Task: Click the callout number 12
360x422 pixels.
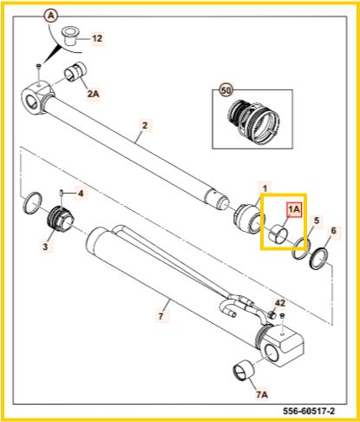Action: point(97,38)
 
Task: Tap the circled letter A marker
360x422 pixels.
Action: point(50,16)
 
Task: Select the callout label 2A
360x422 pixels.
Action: point(93,94)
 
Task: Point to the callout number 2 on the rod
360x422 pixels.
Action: point(145,125)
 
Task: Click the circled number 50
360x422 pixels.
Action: point(226,90)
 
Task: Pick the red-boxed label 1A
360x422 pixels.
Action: point(294,209)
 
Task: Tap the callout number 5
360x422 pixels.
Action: point(317,221)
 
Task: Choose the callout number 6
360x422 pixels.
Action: point(333,231)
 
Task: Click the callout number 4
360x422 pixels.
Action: point(81,193)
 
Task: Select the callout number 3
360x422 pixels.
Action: point(45,247)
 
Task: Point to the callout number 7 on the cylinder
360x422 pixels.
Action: point(160,315)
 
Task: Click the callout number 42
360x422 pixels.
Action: point(279,303)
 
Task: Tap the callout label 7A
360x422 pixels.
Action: point(261,394)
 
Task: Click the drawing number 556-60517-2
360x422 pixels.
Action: point(308,411)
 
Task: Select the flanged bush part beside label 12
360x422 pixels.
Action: point(70,36)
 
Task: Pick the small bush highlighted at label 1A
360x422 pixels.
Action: point(278,234)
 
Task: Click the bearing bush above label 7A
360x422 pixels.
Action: point(244,371)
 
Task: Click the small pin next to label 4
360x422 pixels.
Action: point(62,193)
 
